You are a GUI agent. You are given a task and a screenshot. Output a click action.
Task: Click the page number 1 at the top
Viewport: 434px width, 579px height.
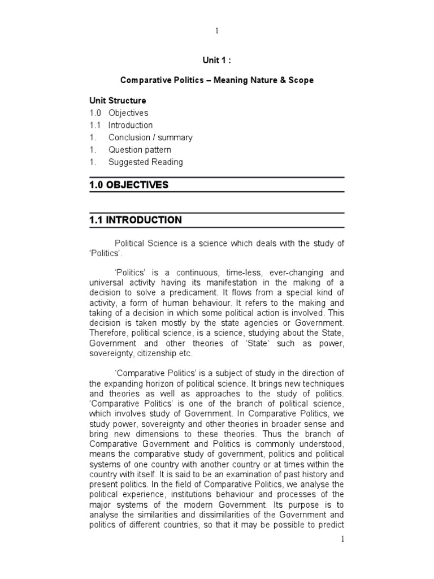[x=216, y=31]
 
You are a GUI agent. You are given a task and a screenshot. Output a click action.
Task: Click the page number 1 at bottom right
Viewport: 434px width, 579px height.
[x=342, y=539]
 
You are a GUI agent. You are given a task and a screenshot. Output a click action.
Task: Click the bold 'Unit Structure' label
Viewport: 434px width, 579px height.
[x=118, y=101]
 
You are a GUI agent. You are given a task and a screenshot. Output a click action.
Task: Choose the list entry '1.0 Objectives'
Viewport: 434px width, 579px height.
[x=119, y=113]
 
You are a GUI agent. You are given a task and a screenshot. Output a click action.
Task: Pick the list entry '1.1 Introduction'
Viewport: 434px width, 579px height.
[x=121, y=126]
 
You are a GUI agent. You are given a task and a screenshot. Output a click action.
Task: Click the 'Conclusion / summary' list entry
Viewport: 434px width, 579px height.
[x=150, y=138]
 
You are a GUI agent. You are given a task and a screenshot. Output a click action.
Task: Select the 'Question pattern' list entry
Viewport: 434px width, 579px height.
[x=140, y=150]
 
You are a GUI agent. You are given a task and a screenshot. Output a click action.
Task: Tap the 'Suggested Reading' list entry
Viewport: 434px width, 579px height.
[x=146, y=162]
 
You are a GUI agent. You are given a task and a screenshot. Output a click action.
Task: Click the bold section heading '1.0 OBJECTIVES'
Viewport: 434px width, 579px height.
[x=129, y=185]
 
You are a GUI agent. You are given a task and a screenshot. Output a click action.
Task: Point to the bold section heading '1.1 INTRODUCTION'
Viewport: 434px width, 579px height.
[x=136, y=220]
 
